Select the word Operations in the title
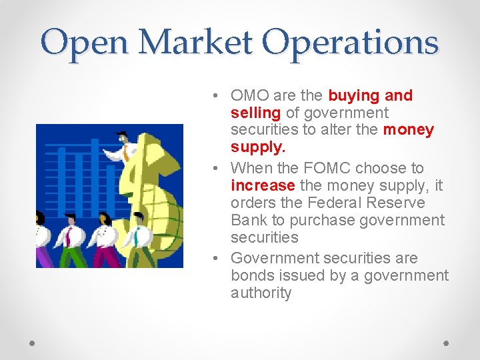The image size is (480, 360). coord(350,42)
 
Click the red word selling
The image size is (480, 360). coord(255,113)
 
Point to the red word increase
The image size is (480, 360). coord(263,185)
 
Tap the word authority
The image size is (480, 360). coord(261,293)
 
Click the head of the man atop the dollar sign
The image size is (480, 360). coord(121,139)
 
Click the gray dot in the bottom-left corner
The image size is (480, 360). coord(33,343)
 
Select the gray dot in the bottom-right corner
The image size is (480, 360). coord(447,343)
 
